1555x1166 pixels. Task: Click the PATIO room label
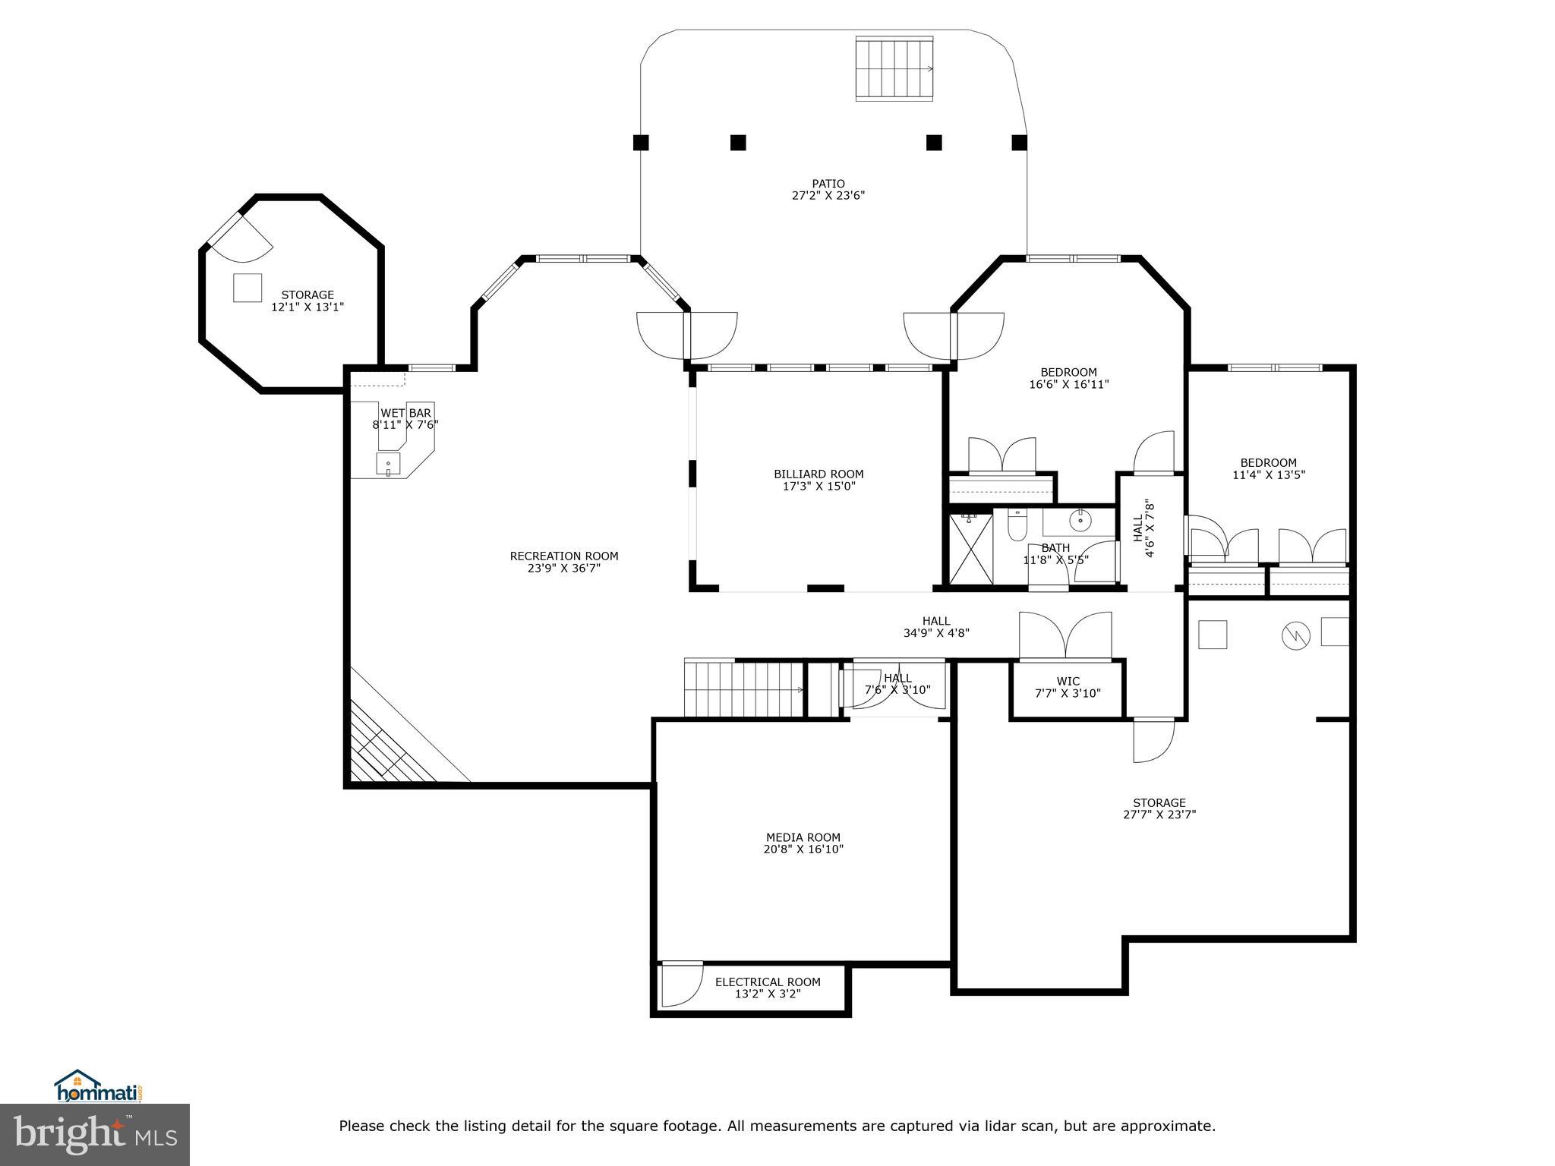click(828, 184)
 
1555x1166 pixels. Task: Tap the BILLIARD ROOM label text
click(819, 474)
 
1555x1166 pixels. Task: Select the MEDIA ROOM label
click(803, 838)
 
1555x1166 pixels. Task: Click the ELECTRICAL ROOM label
click(768, 982)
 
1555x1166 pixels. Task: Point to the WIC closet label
click(1068, 682)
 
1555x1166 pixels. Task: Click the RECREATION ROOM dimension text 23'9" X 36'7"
click(564, 568)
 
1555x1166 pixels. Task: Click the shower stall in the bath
click(970, 549)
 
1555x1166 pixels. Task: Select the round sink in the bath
click(1080, 521)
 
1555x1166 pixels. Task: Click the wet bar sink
click(388, 464)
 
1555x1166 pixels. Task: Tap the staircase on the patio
click(894, 68)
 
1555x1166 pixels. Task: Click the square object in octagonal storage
click(248, 288)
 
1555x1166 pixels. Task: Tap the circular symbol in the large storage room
click(1296, 635)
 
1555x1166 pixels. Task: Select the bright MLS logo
click(95, 1133)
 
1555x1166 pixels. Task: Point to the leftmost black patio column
click(641, 142)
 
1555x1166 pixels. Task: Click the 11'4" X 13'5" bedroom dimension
click(1268, 475)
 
